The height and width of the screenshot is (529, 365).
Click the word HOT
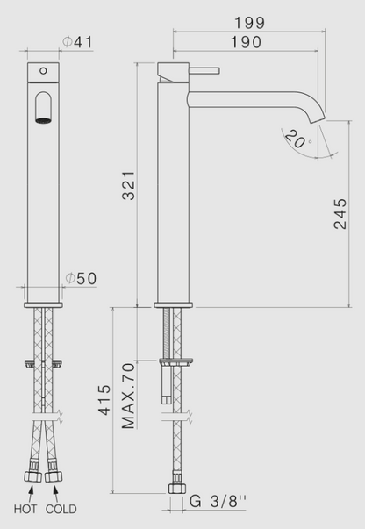click(x=24, y=509)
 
